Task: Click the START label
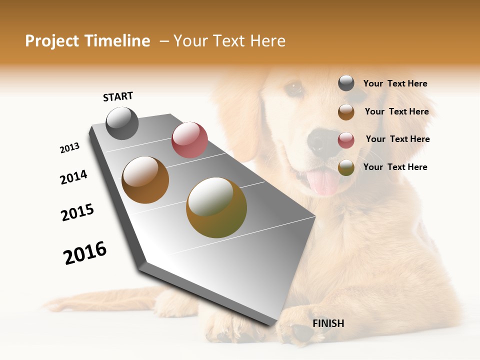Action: click(118, 96)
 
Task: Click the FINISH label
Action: click(328, 323)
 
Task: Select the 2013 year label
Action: click(69, 148)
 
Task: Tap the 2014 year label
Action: click(73, 177)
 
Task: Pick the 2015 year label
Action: click(77, 212)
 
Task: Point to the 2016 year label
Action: click(85, 252)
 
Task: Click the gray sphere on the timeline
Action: click(122, 123)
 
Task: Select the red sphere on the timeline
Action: click(189, 140)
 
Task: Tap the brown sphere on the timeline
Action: click(145, 180)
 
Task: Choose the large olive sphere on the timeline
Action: click(216, 207)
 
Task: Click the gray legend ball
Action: click(346, 83)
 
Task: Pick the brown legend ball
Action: click(346, 112)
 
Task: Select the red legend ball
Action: click(346, 140)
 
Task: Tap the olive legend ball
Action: click(346, 167)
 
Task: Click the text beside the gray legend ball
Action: click(395, 84)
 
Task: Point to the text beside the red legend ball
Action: click(397, 139)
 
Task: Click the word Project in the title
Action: click(52, 41)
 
